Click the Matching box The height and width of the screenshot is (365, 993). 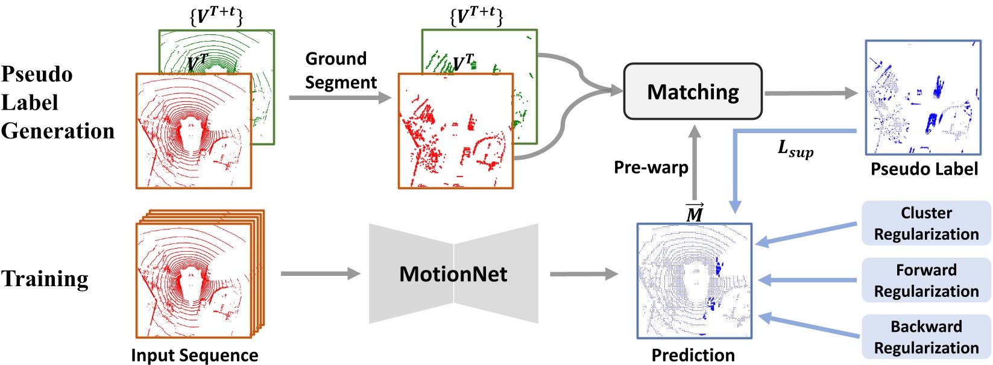(x=692, y=92)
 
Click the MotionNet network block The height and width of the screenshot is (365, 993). (x=453, y=274)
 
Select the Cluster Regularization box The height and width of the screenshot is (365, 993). (x=926, y=223)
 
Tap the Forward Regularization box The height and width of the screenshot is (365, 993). (x=926, y=280)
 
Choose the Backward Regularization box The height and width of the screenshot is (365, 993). (x=926, y=337)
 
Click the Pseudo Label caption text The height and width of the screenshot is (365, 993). (x=924, y=169)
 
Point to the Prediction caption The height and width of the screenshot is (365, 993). (x=693, y=355)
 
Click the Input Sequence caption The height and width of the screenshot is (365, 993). (x=194, y=355)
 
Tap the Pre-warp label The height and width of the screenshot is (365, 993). (x=651, y=167)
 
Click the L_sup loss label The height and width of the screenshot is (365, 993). (x=795, y=148)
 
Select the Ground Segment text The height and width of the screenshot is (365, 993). (x=341, y=70)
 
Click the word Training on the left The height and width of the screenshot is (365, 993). (x=45, y=279)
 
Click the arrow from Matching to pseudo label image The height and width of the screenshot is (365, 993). (x=810, y=93)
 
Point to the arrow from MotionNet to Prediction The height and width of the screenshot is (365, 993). (x=583, y=274)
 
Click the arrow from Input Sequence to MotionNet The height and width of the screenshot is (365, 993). (x=320, y=274)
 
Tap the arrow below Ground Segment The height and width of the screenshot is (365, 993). (x=339, y=97)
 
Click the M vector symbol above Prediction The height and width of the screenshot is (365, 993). (x=695, y=213)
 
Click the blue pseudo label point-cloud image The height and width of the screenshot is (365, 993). (x=922, y=97)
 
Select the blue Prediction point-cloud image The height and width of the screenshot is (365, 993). (x=695, y=281)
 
